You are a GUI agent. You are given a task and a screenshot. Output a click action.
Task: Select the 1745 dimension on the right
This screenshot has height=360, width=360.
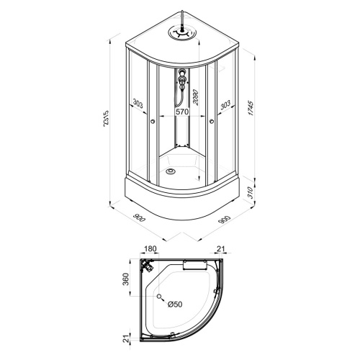click(251, 109)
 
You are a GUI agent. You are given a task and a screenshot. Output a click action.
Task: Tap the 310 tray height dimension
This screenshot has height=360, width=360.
click(250, 192)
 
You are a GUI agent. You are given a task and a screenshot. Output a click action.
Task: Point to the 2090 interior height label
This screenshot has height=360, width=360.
click(196, 97)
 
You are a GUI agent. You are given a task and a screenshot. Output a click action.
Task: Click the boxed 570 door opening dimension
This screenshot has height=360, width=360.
click(182, 112)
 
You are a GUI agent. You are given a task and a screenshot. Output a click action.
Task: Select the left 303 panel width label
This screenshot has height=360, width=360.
click(138, 104)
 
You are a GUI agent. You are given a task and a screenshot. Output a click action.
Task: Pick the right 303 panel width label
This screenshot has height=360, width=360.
click(225, 104)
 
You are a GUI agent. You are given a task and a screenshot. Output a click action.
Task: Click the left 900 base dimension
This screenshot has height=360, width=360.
click(139, 217)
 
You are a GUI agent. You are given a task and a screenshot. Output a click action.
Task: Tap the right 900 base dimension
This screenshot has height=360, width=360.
click(225, 220)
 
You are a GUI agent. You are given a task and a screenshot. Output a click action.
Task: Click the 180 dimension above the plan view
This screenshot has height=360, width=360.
click(150, 249)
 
